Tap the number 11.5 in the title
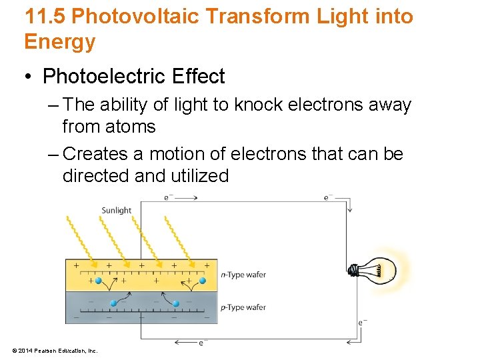pyautogui.click(x=43, y=16)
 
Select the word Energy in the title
pyautogui.click(x=60, y=41)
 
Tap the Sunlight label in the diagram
pyautogui.click(x=117, y=210)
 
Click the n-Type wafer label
pyautogui.click(x=243, y=275)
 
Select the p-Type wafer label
pyautogui.click(x=243, y=307)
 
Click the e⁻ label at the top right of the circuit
pyautogui.click(x=327, y=197)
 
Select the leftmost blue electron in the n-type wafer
pyautogui.click(x=99, y=281)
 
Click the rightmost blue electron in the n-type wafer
pyautogui.click(x=201, y=281)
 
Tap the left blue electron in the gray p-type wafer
pyautogui.click(x=113, y=303)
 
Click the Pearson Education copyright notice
pyautogui.click(x=55, y=351)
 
